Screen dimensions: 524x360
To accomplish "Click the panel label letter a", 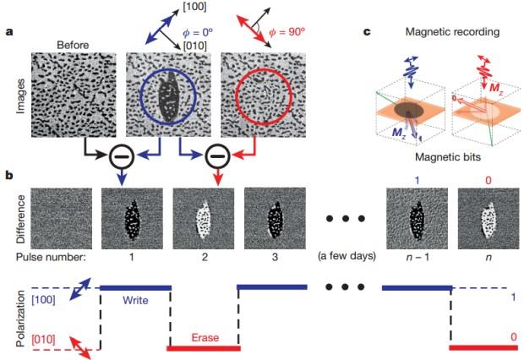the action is point(9,32).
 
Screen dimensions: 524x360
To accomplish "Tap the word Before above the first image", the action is point(73,45).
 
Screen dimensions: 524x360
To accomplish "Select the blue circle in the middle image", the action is point(140,97).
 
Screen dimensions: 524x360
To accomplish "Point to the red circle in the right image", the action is point(236,97).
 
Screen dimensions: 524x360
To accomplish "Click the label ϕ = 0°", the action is point(197,32).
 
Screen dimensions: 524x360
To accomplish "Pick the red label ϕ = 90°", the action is point(287,32).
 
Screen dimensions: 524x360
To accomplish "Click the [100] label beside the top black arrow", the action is point(194,7).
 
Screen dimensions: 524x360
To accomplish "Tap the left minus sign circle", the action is point(122,156).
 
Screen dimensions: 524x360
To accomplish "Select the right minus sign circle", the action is point(218,156).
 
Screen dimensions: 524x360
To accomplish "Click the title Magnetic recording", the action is point(452,32).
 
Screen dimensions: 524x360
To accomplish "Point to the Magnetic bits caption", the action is point(448,157).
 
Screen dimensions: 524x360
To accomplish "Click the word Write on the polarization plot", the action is point(135,300).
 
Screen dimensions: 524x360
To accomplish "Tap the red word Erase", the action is point(205,337).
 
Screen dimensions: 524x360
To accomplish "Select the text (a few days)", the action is point(347,256).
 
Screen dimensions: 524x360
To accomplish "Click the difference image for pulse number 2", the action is point(204,218).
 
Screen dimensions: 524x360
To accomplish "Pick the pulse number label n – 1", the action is point(418,258).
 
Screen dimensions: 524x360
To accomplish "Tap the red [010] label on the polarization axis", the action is point(43,340).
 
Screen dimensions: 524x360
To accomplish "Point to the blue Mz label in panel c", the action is point(399,133).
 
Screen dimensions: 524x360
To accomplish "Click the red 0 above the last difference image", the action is point(489,181).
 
